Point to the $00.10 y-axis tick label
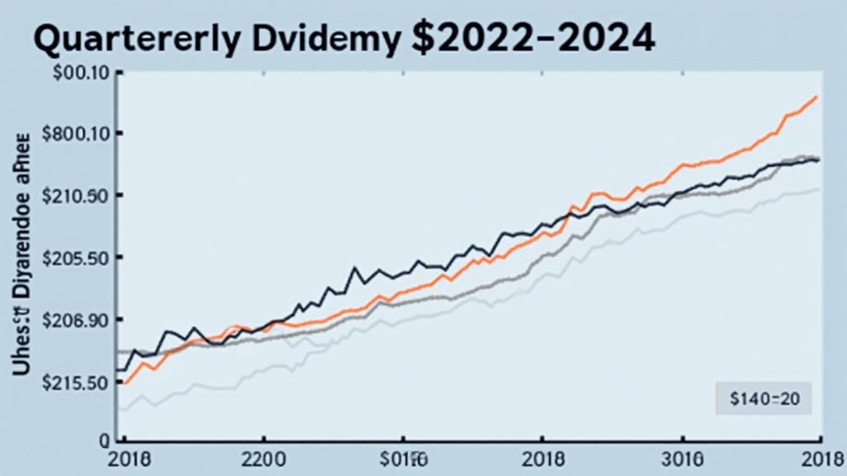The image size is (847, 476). [81, 73]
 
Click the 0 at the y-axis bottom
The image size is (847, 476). [103, 441]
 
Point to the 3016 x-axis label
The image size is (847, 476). [682, 461]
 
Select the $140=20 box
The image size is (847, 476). [763, 398]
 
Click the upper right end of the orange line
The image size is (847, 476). [817, 97]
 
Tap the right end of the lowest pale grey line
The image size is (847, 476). [820, 188]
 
